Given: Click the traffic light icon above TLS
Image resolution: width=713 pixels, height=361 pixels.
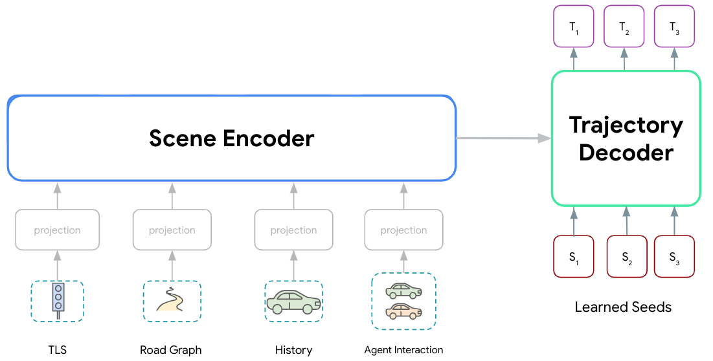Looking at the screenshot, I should [x=58, y=301].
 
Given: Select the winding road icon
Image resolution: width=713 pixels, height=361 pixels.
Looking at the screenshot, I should [x=172, y=300].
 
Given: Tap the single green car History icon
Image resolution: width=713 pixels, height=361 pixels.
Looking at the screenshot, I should [x=293, y=301].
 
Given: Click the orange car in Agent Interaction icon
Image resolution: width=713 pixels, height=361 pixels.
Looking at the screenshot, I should [x=403, y=311].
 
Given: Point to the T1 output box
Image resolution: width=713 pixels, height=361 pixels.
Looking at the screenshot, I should [x=574, y=27].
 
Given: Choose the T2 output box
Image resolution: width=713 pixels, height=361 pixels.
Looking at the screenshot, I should [x=624, y=27].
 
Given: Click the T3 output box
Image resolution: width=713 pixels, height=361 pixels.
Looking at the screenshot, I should [x=675, y=27].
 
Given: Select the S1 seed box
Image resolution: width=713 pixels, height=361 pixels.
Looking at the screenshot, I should [x=574, y=257].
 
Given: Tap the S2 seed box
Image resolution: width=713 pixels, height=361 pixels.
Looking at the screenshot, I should [x=627, y=257].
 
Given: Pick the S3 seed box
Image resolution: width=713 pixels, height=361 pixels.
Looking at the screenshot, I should [x=675, y=257].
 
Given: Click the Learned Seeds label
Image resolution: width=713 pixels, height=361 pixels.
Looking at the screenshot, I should [x=623, y=307].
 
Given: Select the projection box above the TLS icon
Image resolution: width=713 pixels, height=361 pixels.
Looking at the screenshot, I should [x=58, y=230].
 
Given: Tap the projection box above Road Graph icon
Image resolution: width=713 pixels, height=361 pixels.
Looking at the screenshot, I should [x=172, y=230].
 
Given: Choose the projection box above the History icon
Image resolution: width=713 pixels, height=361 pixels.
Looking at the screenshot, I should [x=293, y=230].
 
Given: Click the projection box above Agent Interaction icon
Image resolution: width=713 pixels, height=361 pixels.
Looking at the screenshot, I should [x=403, y=230].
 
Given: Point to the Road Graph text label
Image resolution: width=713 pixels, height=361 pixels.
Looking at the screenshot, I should [x=171, y=350].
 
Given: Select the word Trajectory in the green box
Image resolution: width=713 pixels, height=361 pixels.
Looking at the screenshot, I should [x=626, y=125].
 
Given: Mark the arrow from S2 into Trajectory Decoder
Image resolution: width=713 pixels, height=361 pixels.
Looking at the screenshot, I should [x=626, y=221].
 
